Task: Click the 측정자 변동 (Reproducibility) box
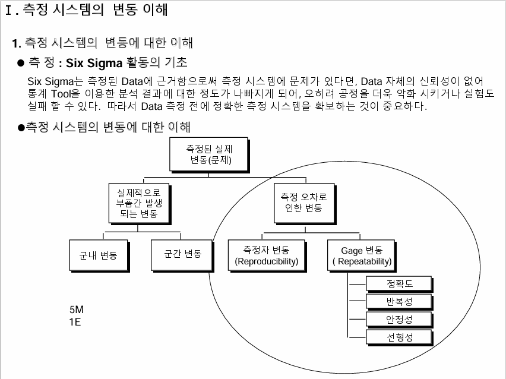(267, 255)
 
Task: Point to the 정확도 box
(399, 284)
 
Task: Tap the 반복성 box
(399, 302)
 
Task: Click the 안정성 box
(399, 320)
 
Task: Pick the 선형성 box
(399, 337)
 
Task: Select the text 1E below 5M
(75, 323)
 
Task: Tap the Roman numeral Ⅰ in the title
(8, 11)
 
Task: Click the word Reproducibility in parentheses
(267, 261)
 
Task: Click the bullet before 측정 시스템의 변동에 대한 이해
(21, 128)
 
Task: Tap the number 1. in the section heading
(17, 43)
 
